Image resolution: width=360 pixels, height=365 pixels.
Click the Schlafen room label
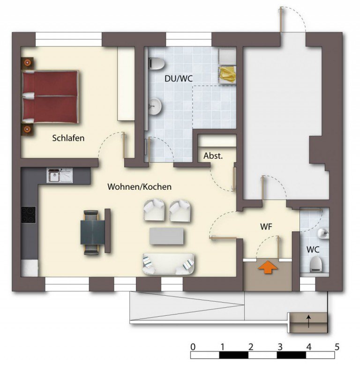point(68,138)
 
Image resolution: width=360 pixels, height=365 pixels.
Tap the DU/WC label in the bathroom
point(179,79)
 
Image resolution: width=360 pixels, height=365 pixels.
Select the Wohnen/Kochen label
point(140,186)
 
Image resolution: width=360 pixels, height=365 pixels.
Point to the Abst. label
point(213,156)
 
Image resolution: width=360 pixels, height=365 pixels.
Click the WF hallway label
point(266,226)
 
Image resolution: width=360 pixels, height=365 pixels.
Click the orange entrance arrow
point(268,267)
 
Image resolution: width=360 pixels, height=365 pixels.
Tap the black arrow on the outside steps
point(309,321)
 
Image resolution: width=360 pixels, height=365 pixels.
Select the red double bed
point(50,97)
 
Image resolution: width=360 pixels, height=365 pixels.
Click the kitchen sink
point(60,175)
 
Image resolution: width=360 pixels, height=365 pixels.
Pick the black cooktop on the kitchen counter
point(29,215)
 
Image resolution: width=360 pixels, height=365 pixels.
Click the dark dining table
point(93,232)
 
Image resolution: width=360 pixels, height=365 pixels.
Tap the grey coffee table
point(166,236)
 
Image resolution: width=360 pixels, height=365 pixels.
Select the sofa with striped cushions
point(168,264)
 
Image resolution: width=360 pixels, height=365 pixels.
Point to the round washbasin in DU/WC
point(155,106)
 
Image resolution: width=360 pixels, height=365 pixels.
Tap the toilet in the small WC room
point(316,264)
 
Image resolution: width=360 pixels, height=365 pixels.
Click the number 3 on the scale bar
point(280,347)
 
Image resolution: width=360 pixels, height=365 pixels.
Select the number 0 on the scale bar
point(193,347)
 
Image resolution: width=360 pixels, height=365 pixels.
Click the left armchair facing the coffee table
point(154,210)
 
